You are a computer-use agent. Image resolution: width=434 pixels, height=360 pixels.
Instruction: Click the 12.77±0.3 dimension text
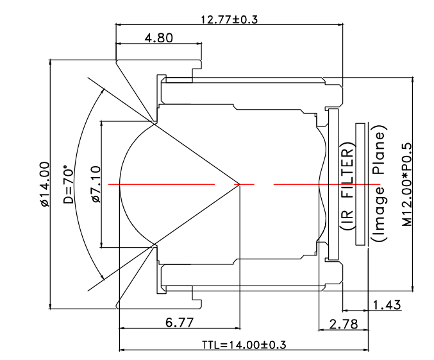point(229,19)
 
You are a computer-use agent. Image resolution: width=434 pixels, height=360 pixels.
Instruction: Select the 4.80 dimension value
point(159,38)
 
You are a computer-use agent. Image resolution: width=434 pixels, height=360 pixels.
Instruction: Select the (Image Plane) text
point(378,187)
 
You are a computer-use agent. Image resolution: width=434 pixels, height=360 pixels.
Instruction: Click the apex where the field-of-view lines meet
point(239,184)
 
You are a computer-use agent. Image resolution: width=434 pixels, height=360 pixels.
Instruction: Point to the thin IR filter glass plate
point(332,184)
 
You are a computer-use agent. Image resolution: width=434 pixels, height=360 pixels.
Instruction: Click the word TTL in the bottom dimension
point(211,345)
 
